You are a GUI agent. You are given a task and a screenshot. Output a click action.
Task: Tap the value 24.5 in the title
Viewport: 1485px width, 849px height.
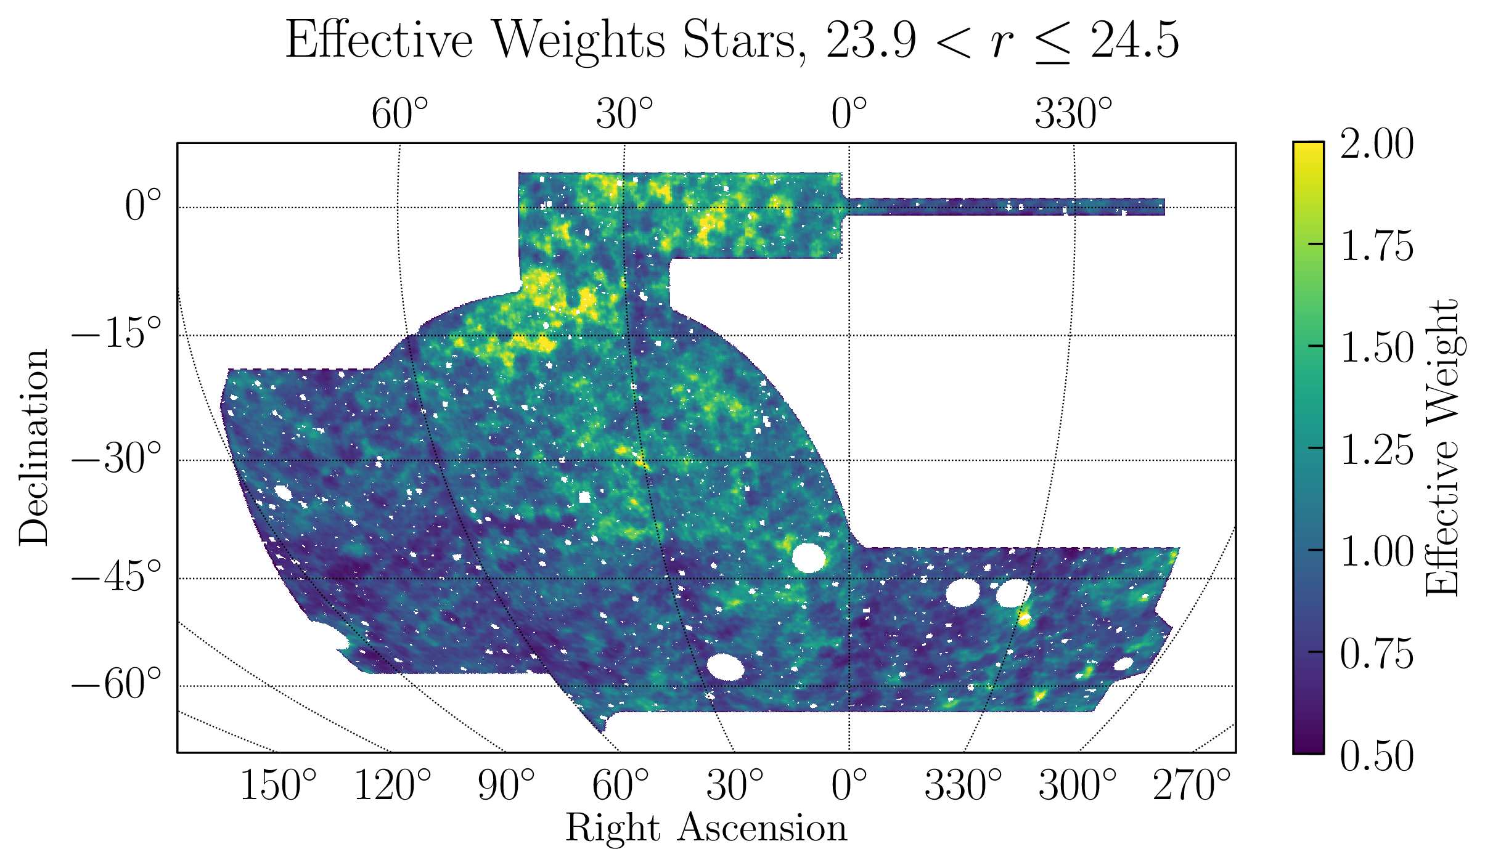click(1135, 41)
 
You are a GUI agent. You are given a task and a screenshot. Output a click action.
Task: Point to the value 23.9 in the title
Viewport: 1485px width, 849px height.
click(871, 41)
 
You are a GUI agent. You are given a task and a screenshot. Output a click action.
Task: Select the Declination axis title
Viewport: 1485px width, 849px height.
click(33, 447)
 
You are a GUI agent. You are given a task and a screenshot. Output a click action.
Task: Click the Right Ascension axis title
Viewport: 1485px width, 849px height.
click(706, 827)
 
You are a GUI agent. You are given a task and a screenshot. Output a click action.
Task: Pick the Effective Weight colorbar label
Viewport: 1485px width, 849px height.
click(1442, 447)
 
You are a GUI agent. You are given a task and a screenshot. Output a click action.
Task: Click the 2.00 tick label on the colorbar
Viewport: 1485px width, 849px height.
click(1377, 144)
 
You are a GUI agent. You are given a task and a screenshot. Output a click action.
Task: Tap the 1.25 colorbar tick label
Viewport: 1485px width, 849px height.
click(1377, 450)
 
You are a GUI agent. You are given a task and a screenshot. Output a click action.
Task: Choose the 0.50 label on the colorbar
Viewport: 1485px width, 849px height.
click(1377, 755)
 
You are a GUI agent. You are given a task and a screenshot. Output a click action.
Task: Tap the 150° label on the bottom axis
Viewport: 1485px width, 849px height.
click(278, 786)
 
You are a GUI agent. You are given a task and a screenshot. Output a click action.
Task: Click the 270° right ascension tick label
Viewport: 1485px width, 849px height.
click(1192, 786)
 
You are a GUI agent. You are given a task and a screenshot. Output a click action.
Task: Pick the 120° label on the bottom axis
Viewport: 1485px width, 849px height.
click(393, 786)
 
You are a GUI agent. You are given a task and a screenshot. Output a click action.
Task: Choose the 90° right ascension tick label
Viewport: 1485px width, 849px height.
click(506, 786)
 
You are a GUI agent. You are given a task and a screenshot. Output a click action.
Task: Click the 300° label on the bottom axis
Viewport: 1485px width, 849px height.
click(1077, 786)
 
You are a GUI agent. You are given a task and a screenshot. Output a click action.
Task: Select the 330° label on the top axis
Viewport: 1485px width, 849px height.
click(1074, 114)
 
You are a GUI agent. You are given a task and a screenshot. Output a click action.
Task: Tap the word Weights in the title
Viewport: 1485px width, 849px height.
click(580, 41)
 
